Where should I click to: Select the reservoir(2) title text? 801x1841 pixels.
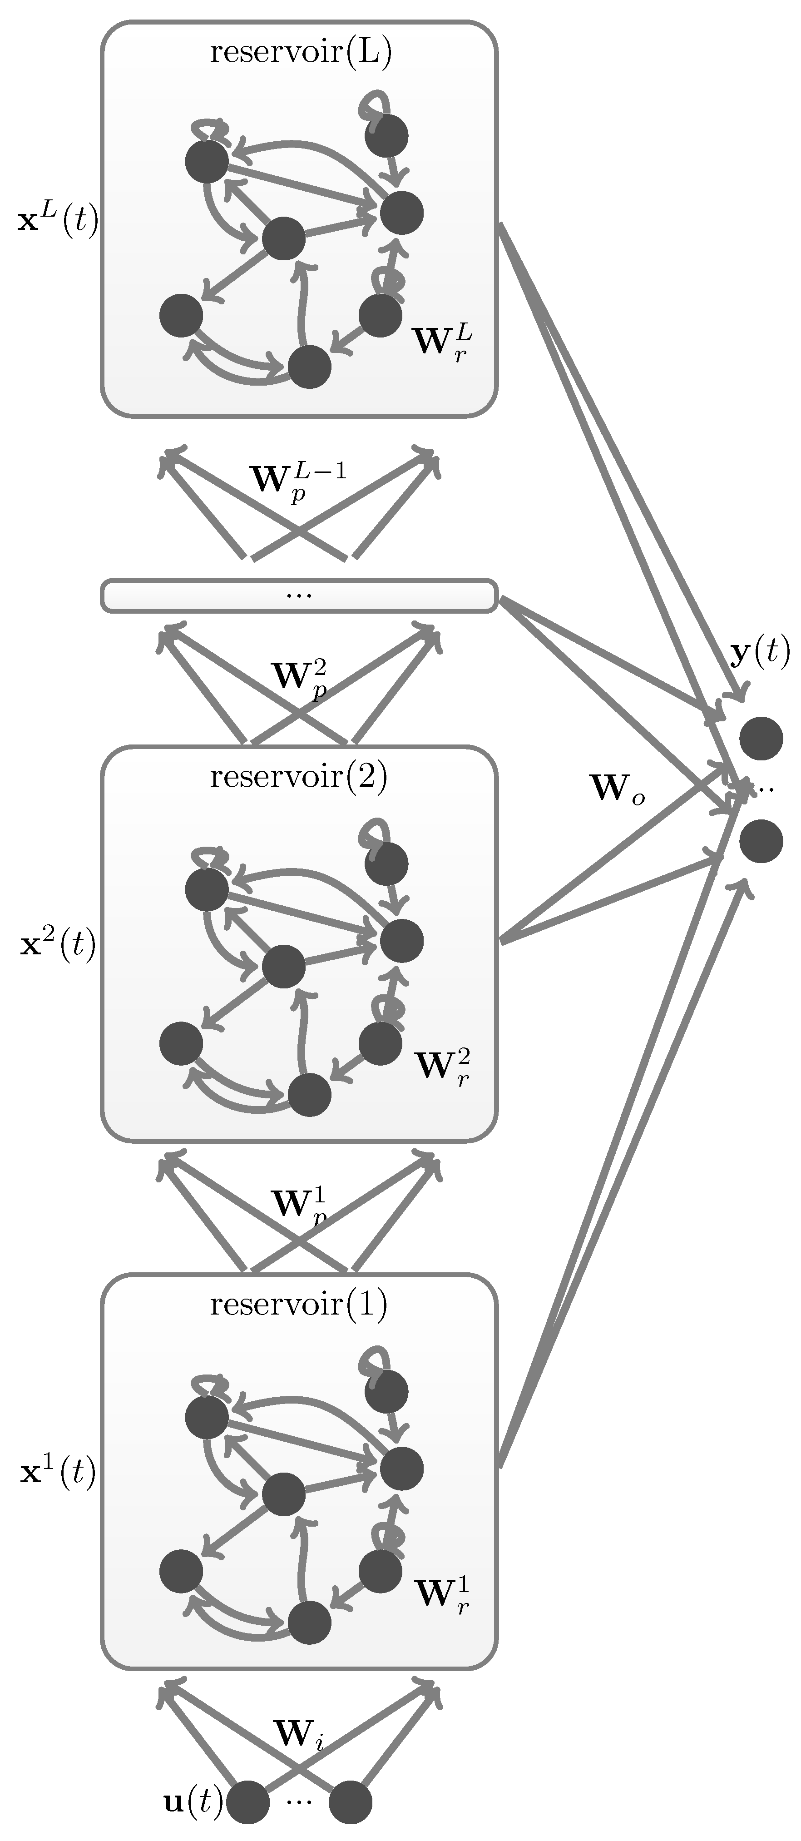(x=299, y=776)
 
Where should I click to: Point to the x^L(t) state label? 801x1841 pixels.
(x=58, y=220)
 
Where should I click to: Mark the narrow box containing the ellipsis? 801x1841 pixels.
(x=299, y=596)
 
